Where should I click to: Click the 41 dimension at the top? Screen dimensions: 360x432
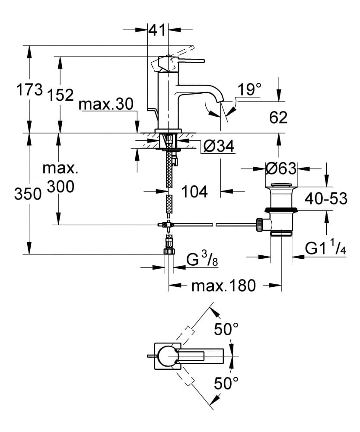pos(157,30)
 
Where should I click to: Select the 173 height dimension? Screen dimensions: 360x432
pos(30,89)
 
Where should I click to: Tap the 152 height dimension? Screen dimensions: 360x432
pos(61,95)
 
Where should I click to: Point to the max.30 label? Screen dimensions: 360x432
pos(106,104)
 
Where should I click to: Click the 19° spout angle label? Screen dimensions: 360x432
pos(249,89)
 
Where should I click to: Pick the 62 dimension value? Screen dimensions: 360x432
pos(278,118)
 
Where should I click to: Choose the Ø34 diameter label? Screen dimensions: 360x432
pos(219,146)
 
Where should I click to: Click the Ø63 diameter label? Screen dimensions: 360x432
pos(281,168)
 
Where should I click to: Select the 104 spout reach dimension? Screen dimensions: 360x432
pos(194,191)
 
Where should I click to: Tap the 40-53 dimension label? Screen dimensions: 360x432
pos(326,198)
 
